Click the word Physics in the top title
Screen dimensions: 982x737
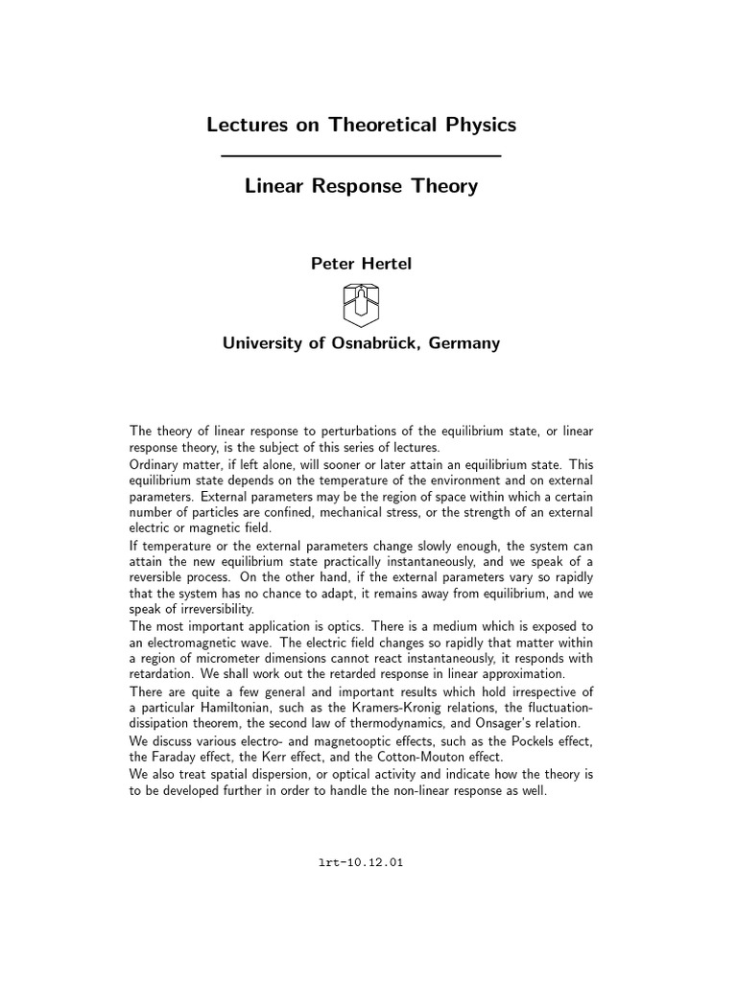click(471, 125)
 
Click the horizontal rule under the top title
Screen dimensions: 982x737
click(361, 155)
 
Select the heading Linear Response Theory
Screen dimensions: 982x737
click(361, 186)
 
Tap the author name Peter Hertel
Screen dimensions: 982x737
click(361, 264)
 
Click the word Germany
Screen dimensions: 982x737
click(464, 342)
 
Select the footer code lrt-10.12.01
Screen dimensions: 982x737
click(361, 862)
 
